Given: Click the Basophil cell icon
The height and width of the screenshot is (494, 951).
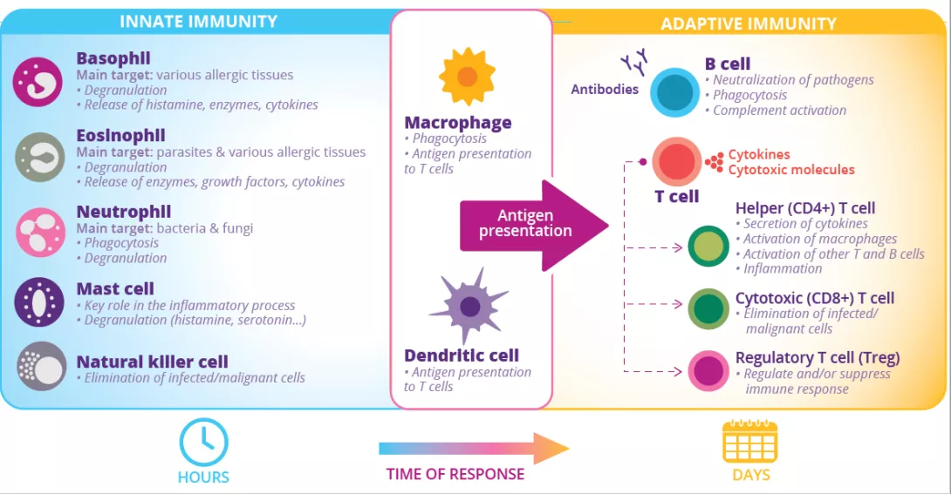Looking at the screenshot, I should point(38,82).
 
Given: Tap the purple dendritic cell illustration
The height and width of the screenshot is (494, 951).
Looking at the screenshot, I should point(469,306).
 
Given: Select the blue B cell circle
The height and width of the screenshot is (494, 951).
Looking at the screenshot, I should point(674,93).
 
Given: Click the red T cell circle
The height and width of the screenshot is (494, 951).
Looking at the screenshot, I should point(677,162).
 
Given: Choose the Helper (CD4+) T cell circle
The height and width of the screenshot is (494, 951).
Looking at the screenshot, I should point(708,247).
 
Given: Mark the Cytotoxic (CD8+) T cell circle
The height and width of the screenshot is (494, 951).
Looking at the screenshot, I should point(708,308).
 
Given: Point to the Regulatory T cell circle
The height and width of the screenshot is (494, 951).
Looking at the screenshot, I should point(708,371).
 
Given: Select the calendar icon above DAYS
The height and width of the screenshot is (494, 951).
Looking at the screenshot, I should point(749,442).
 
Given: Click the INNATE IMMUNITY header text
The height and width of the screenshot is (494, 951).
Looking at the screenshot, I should point(198,22).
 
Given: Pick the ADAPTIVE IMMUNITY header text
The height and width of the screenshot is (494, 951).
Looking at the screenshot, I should point(748,24).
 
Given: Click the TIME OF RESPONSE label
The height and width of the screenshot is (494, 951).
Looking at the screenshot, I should point(455,475).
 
